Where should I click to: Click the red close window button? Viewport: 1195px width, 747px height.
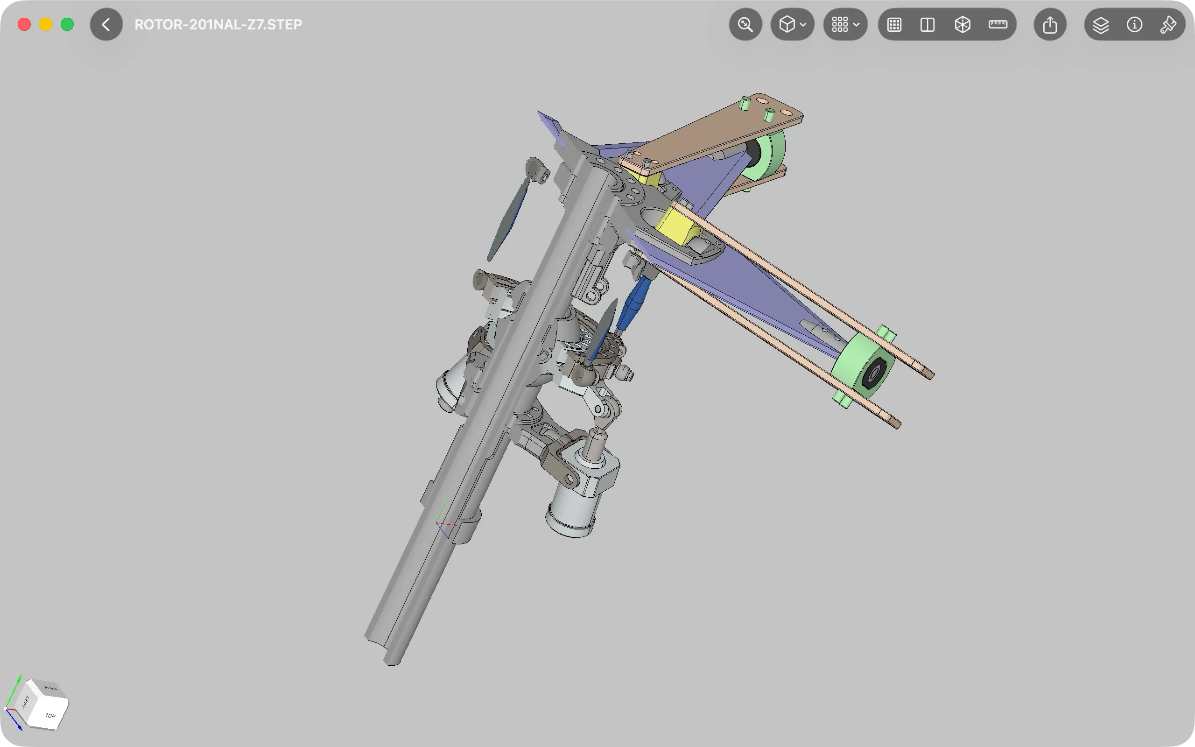click(x=24, y=24)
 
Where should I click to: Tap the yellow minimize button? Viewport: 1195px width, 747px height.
click(x=46, y=24)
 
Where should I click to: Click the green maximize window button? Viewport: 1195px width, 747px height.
click(x=67, y=24)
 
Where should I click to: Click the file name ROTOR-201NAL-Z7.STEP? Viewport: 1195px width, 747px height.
click(x=218, y=25)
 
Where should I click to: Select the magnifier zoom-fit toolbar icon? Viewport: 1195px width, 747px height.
click(x=745, y=24)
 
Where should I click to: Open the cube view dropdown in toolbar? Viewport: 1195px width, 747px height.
click(x=793, y=24)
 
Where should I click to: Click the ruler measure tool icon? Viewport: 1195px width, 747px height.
click(x=998, y=24)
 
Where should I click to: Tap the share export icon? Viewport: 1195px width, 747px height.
click(x=1050, y=24)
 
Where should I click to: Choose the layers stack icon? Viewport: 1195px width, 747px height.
click(x=1101, y=25)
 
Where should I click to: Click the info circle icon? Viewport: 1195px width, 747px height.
click(x=1134, y=24)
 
